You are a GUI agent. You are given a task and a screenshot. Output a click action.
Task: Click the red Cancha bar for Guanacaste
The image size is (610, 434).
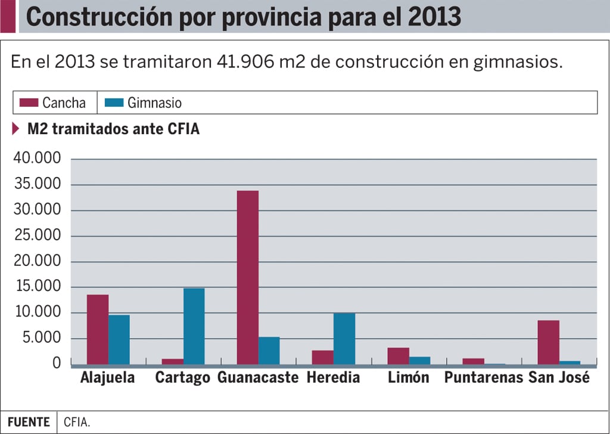click(248, 277)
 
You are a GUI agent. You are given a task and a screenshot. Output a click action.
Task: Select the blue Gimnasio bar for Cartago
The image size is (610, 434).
click(194, 326)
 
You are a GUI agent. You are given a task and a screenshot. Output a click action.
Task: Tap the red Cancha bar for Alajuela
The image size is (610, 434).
click(98, 329)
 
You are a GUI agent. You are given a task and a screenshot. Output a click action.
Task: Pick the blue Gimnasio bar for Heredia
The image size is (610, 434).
click(344, 338)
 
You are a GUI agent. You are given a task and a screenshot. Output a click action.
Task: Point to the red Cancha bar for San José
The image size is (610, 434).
click(548, 342)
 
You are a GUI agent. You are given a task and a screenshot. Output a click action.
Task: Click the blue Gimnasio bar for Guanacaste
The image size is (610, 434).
click(269, 351)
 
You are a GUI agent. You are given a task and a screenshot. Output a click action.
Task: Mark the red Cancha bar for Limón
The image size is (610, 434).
click(398, 356)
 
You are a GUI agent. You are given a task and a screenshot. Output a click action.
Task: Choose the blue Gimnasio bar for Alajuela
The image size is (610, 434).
click(119, 339)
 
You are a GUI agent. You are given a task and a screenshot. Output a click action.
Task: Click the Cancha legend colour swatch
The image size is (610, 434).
click(29, 103)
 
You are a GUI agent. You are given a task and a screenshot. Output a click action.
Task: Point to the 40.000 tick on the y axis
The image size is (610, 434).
click(36, 159)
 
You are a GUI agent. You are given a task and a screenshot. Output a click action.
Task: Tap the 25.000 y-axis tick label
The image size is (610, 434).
click(36, 235)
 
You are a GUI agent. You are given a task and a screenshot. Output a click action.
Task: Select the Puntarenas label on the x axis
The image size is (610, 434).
click(483, 378)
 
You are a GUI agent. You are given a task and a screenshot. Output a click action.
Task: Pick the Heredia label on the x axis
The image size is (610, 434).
click(333, 378)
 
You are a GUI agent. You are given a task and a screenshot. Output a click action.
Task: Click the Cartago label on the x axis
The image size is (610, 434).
click(182, 378)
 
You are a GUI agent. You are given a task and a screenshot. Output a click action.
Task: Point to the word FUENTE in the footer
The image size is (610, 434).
click(29, 422)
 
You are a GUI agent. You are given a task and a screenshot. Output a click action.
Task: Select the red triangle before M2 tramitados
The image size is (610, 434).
click(15, 129)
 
